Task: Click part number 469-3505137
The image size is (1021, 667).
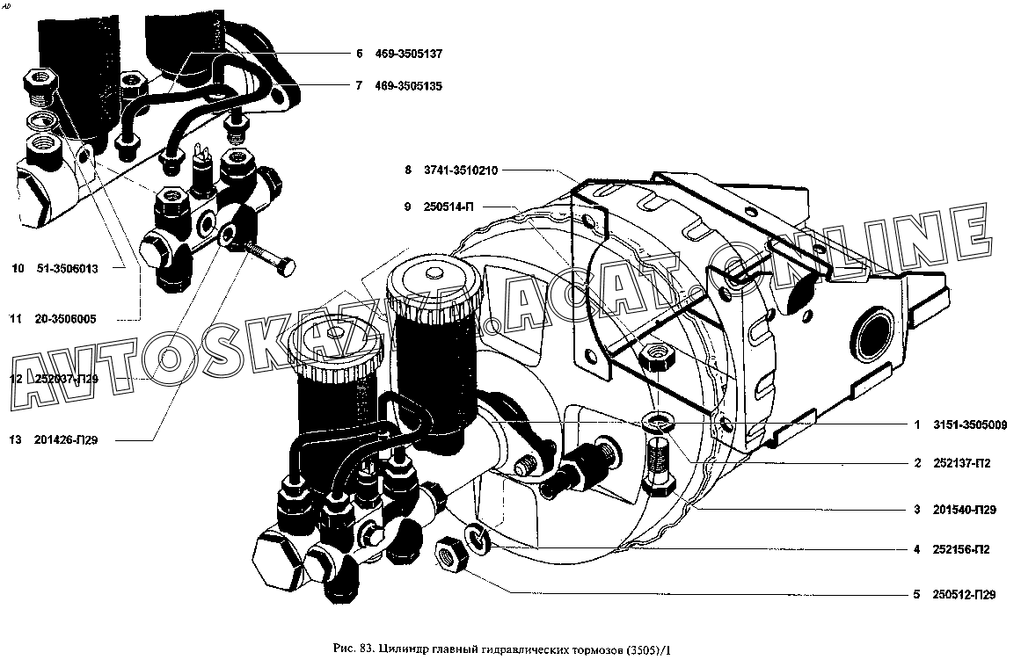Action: tap(408, 54)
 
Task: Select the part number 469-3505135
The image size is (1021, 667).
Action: tap(408, 86)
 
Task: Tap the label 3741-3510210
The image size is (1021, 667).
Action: tap(460, 170)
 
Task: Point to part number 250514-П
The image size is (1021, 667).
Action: tap(449, 207)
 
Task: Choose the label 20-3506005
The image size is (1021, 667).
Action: tap(64, 319)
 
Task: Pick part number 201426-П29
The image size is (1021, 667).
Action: tap(66, 440)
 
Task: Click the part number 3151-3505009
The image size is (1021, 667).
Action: tap(970, 425)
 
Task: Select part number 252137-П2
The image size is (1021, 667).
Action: tap(962, 463)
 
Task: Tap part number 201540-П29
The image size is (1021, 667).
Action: tap(965, 510)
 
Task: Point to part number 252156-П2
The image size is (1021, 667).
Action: tap(961, 550)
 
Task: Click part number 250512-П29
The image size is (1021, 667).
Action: tap(964, 594)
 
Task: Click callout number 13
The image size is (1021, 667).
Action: tap(16, 440)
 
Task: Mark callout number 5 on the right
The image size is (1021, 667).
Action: tap(917, 594)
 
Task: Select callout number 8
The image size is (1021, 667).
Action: tap(408, 170)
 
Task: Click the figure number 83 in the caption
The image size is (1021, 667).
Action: tap(365, 649)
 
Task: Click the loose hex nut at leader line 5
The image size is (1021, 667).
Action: tap(449, 555)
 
